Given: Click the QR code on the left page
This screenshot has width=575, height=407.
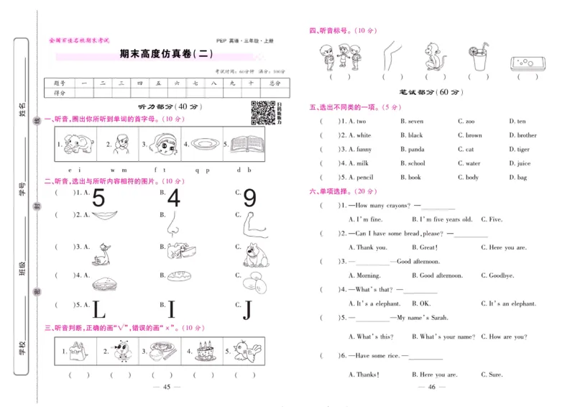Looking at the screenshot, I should [262, 113].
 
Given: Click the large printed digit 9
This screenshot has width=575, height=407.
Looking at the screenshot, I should [249, 198].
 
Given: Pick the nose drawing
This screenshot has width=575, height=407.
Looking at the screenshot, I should [173, 228].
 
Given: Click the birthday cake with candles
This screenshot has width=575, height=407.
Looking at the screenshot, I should [204, 351].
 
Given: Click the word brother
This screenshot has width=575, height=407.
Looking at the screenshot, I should [526, 135].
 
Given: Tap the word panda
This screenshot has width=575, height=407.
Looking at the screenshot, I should [416, 150].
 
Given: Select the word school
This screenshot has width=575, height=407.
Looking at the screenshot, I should [416, 163].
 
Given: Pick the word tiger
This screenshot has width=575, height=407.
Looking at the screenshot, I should [523, 150].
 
